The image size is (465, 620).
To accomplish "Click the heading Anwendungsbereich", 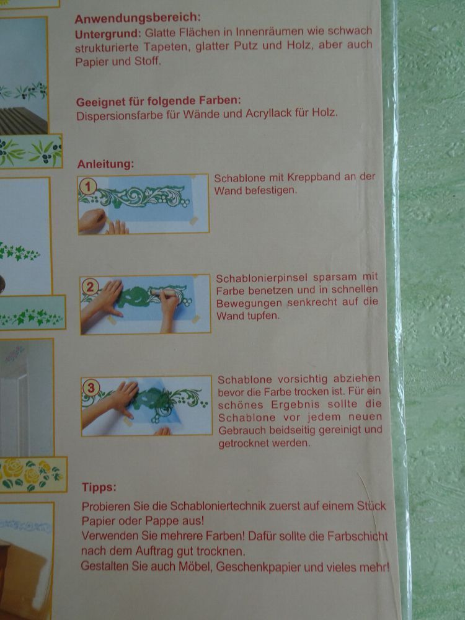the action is click(138, 18).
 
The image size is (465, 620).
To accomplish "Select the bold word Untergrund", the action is click(108, 33).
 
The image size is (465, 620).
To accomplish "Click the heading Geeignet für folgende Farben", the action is click(159, 101).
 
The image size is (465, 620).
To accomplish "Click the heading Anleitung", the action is click(105, 164).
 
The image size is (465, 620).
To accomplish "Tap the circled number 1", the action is click(88, 186).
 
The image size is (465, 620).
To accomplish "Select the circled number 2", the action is click(90, 286).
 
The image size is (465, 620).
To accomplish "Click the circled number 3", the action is click(91, 388).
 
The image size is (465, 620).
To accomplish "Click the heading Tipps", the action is click(99, 487).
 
